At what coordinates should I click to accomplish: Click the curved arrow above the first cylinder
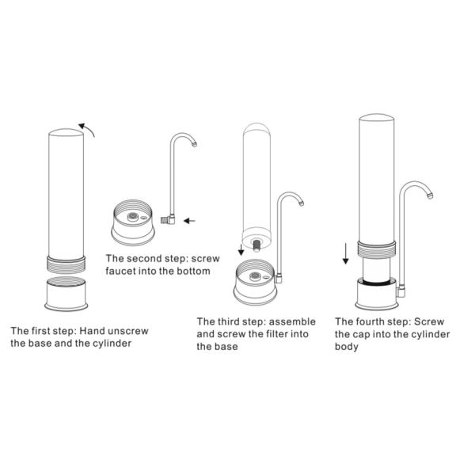[87, 128]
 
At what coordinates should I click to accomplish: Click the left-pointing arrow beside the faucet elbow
[190, 221]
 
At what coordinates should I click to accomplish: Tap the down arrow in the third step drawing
[241, 249]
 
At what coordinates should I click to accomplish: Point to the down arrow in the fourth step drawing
[345, 253]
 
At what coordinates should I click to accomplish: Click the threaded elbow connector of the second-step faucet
[168, 219]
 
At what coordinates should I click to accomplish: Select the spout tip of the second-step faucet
[194, 144]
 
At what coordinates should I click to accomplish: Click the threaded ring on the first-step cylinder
[66, 264]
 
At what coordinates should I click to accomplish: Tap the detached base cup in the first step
[66, 294]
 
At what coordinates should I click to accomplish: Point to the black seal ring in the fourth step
[377, 283]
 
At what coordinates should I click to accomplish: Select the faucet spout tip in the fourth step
[430, 196]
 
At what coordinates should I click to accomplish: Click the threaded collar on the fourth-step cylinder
[377, 249]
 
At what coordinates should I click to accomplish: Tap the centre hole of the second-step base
[132, 216]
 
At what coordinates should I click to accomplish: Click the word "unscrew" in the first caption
[128, 331]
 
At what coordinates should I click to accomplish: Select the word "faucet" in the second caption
[120, 271]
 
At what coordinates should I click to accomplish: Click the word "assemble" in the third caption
[292, 321]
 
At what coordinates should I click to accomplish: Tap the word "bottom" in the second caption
[194, 271]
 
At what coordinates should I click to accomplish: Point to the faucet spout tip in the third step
[301, 203]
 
